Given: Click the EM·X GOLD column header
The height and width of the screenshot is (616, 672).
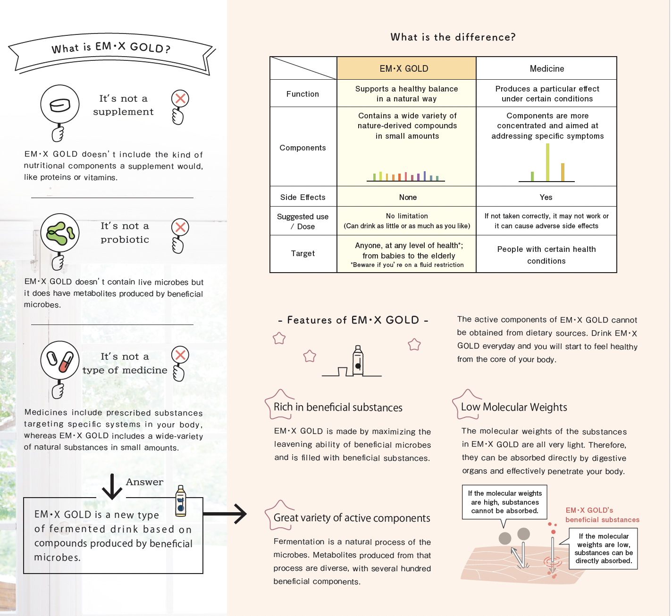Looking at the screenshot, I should (x=404, y=69).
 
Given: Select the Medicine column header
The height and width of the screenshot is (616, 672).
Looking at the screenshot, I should (x=546, y=69).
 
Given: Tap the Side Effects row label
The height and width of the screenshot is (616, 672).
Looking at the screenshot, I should (x=302, y=197).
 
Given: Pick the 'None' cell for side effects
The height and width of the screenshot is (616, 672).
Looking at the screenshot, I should (x=408, y=197).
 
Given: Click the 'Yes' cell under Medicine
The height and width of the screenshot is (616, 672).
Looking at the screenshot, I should (x=546, y=197).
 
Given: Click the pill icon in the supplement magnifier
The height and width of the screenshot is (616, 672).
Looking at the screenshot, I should (x=60, y=105).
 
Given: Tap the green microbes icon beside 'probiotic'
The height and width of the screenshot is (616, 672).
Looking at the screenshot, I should (x=60, y=233).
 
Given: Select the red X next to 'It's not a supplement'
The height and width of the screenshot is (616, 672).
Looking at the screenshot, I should (x=180, y=98).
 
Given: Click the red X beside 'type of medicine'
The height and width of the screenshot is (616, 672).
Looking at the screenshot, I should (x=180, y=355).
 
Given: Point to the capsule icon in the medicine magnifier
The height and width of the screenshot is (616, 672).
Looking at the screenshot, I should (x=60, y=360).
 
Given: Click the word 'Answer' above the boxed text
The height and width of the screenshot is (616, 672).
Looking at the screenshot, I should (x=144, y=482).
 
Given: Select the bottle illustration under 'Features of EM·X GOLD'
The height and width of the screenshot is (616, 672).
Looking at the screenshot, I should (x=358, y=360).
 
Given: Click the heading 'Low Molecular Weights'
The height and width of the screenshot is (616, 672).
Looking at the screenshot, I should (x=514, y=407).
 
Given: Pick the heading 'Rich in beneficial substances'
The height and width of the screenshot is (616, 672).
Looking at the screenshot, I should (x=338, y=407).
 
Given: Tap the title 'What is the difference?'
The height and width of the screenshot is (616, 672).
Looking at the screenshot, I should (x=453, y=37).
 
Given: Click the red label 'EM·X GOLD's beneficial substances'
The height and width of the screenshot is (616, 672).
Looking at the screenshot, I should (x=602, y=515).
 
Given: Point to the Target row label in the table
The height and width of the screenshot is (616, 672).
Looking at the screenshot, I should (x=302, y=254).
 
